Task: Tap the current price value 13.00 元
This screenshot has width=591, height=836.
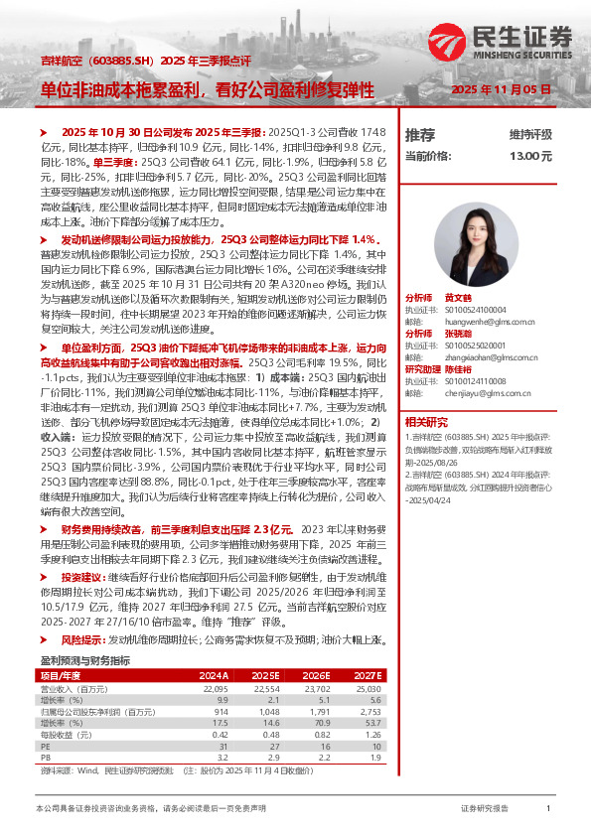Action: click(531, 156)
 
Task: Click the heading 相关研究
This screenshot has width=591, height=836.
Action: click(425, 421)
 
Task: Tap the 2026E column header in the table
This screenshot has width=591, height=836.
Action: click(312, 674)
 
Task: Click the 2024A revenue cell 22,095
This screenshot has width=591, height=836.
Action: click(216, 688)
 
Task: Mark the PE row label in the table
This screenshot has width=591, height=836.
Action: click(45, 747)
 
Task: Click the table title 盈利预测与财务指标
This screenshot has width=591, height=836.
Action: click(84, 659)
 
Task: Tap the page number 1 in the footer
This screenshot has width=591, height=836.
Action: click(548, 809)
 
